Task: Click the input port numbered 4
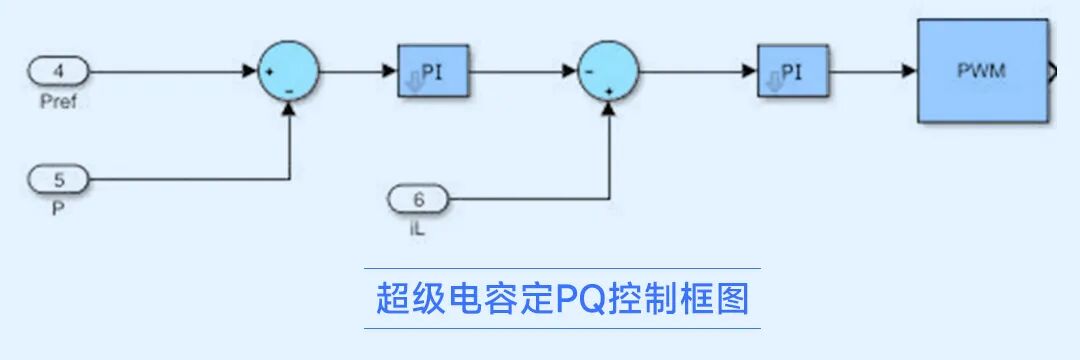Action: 59,71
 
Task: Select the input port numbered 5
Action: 59,181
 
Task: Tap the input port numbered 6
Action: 418,200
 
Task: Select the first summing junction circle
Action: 289,71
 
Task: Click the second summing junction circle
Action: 608,71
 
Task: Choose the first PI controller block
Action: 434,71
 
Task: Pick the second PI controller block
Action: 792,71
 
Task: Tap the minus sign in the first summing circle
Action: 289,90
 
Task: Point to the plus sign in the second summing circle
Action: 609,90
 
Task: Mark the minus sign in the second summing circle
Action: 590,72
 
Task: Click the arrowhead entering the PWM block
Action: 910,71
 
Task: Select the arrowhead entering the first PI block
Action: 391,71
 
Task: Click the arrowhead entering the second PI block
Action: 750,71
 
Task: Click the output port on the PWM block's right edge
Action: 1053,72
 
